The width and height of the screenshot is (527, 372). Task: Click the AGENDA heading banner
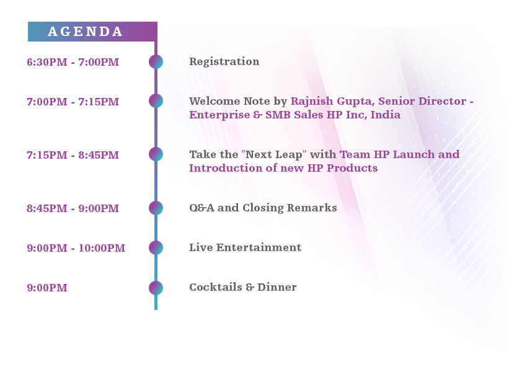click(92, 32)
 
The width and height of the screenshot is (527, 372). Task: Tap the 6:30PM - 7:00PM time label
click(73, 62)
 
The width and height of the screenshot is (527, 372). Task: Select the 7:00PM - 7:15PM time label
click(73, 102)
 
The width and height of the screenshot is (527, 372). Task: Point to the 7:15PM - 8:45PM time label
click(73, 155)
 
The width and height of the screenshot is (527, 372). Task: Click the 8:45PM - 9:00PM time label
click(73, 208)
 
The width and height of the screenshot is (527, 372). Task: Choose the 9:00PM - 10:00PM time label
click(76, 248)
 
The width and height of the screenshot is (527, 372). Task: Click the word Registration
click(224, 61)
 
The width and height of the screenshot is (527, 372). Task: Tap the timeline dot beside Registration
click(156, 62)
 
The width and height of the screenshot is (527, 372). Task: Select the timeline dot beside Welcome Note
click(156, 101)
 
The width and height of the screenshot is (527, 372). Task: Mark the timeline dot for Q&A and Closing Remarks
click(156, 208)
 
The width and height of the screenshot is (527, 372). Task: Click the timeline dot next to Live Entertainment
click(156, 247)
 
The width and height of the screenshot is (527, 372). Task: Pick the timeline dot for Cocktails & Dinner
click(156, 288)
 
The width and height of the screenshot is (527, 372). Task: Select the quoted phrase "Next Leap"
click(274, 154)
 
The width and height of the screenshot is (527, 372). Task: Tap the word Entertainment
click(259, 247)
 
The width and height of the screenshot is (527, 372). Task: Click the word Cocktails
click(216, 287)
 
